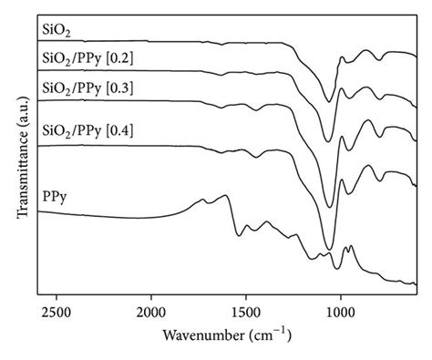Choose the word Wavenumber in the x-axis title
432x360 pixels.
(202, 335)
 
